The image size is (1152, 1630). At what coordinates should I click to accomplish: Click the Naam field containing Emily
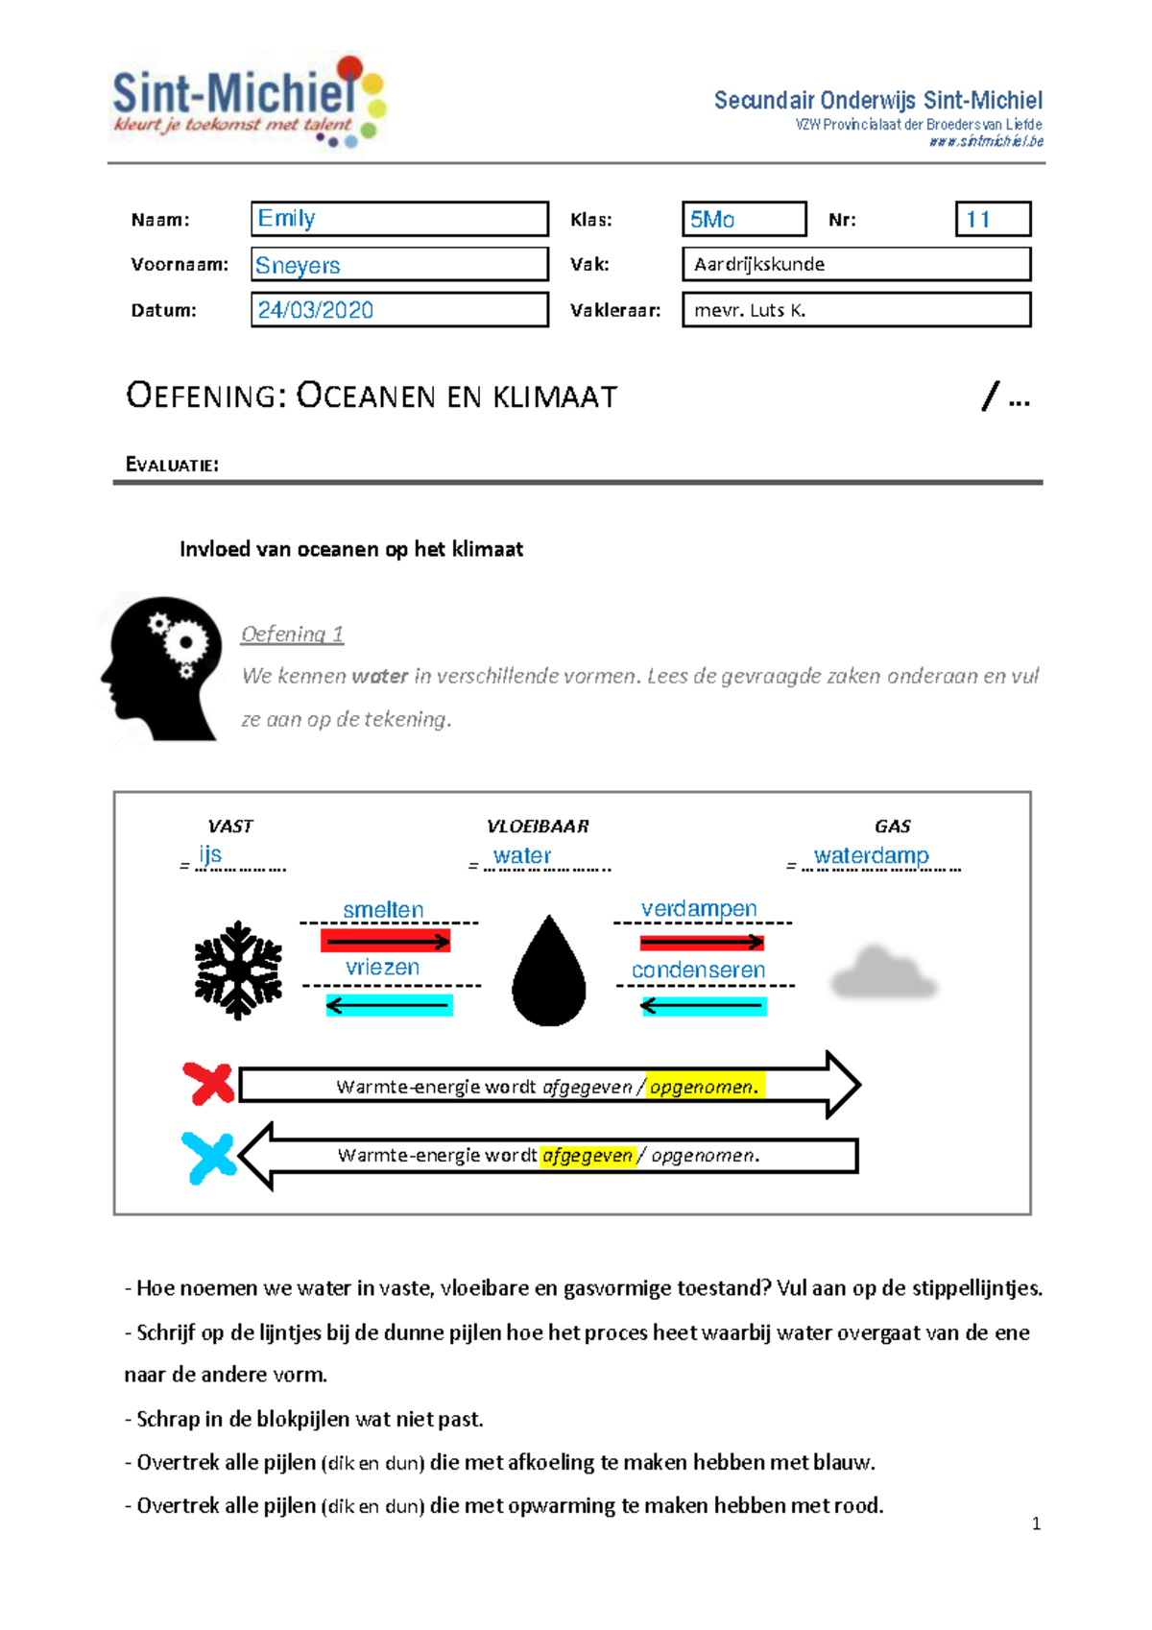pos(399,219)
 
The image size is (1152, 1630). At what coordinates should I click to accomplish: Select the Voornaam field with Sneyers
pos(399,265)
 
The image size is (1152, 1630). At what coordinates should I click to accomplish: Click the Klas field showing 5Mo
pos(744,219)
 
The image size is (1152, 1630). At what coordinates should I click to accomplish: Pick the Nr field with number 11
pos(993,219)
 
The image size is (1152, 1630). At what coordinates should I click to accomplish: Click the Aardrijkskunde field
pos(856,264)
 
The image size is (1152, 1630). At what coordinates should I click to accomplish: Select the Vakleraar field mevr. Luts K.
pos(856,310)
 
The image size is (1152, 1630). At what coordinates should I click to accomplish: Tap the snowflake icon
pos(238,970)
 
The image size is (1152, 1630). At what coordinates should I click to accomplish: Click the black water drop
pos(549,971)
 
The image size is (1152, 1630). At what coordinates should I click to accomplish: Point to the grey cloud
pos(883,973)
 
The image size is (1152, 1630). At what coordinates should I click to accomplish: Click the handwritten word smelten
pos(383,909)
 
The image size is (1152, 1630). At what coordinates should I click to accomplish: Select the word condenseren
pos(698,970)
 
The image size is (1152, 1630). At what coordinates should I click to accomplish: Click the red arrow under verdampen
pos(702,943)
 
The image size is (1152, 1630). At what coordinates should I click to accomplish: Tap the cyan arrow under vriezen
pos(389,1005)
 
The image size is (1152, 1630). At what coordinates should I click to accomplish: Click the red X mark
pos(209,1084)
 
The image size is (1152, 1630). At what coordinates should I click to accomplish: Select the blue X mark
pos(209,1158)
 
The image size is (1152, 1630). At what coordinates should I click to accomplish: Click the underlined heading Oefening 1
pos(292,634)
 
